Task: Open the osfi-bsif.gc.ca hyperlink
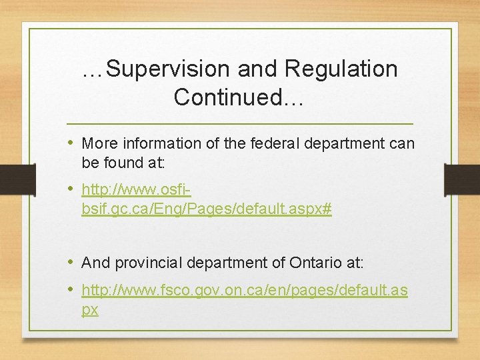206,209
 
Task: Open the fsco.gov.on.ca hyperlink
244,291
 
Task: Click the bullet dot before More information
71,143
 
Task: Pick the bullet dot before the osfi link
71,190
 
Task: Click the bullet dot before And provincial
71,262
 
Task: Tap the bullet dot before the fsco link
71,290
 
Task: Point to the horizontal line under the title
240,124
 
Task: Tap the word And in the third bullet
95,263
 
